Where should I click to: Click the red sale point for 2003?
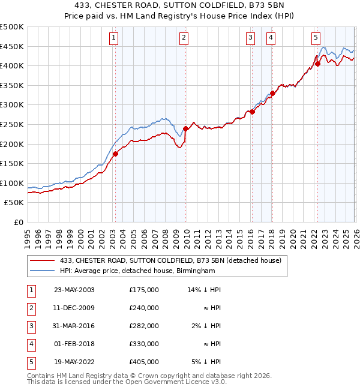(x=115, y=154)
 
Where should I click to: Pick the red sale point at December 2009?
(x=185, y=128)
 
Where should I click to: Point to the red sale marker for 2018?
(x=272, y=93)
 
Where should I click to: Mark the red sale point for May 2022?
(x=318, y=64)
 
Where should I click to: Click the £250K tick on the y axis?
(x=12, y=124)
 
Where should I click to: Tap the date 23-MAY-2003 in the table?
(x=74, y=290)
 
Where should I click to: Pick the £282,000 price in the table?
(x=143, y=326)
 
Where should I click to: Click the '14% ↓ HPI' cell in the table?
(x=204, y=290)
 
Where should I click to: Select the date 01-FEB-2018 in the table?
(x=74, y=344)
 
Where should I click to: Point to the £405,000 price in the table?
(x=143, y=362)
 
